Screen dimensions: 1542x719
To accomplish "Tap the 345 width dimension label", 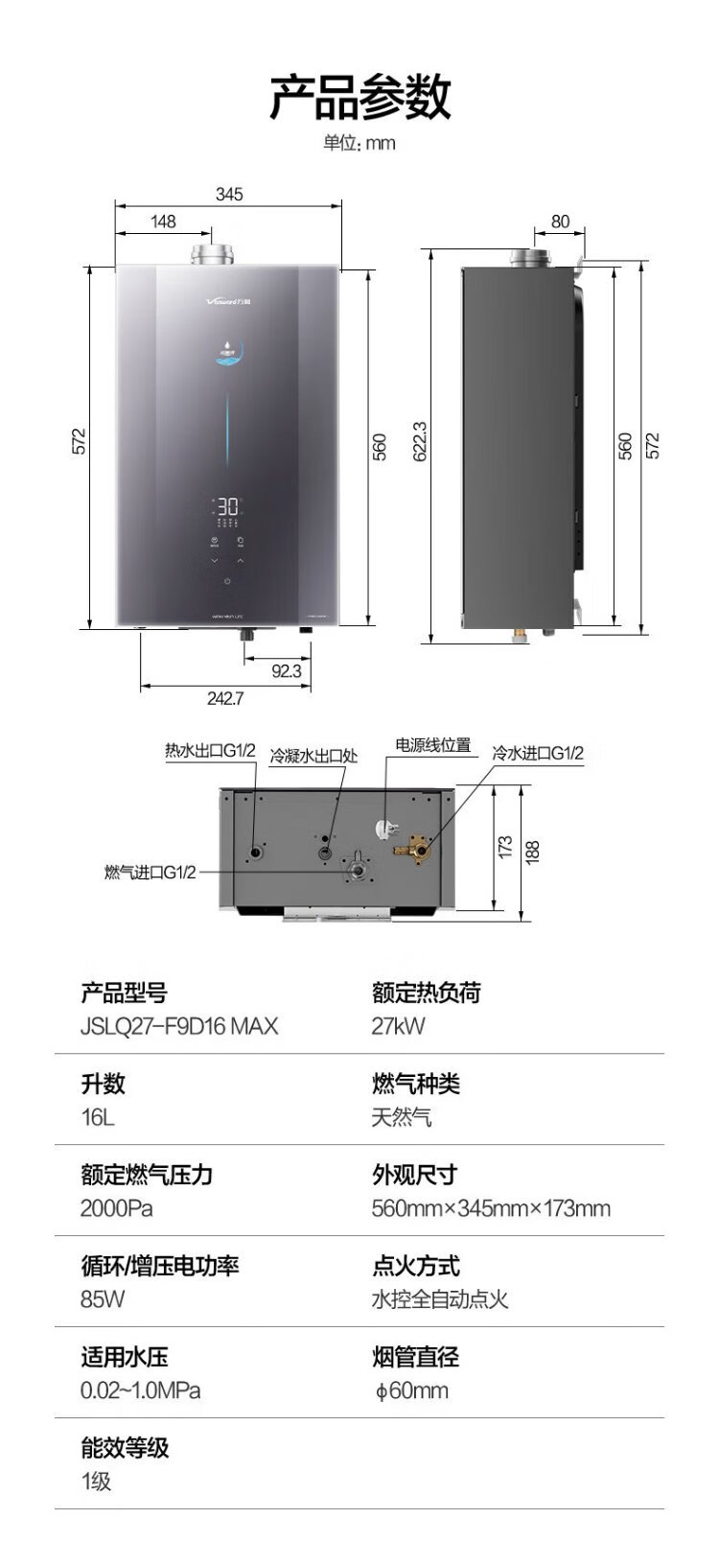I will click(x=229, y=195).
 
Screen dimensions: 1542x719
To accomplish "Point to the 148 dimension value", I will click(x=164, y=222).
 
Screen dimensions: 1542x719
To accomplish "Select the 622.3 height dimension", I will click(x=419, y=442).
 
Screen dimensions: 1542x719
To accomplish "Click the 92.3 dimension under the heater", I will click(x=286, y=671).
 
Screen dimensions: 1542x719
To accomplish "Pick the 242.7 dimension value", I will click(x=225, y=699).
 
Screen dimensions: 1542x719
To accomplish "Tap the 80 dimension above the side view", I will click(x=560, y=222).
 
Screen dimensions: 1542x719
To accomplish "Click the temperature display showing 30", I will click(x=228, y=506).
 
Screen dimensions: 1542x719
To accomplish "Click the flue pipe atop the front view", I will click(x=211, y=254).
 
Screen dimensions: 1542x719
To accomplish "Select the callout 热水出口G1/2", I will click(x=210, y=751).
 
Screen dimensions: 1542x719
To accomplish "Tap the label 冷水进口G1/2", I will click(x=538, y=754).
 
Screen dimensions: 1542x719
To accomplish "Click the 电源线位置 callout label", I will click(x=433, y=745).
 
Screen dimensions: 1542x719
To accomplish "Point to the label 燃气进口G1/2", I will click(x=150, y=873).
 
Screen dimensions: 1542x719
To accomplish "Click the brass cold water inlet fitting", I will click(x=413, y=846).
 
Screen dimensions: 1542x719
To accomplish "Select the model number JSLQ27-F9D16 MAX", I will click(x=179, y=1026).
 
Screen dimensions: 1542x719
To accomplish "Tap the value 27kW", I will click(x=398, y=1026).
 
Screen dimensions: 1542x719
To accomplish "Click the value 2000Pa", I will click(x=116, y=1208).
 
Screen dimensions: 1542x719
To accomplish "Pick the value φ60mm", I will click(x=410, y=1390).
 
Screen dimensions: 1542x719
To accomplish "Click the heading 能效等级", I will click(x=125, y=1447).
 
